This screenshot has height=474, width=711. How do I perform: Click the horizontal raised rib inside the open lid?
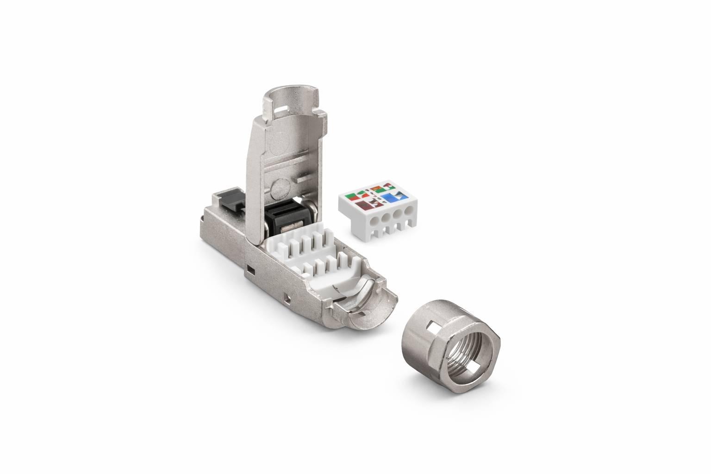coord(307,177)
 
